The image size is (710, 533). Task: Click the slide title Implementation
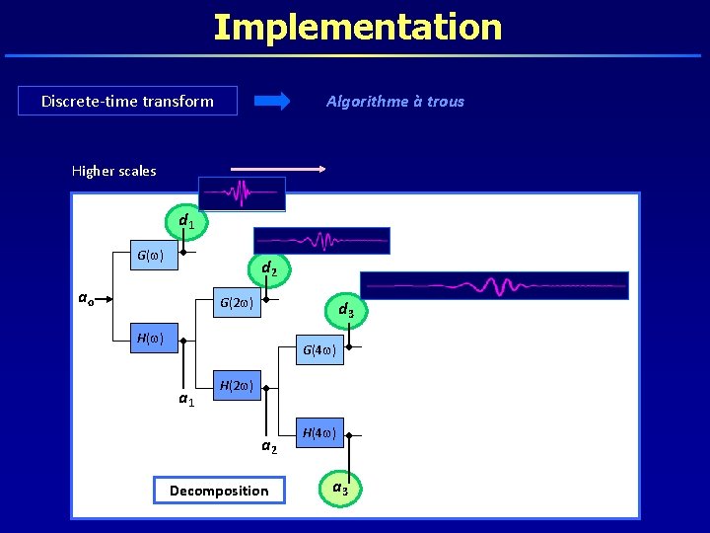point(357,27)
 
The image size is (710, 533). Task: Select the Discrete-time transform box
point(127,101)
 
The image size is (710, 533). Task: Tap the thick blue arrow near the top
point(272,101)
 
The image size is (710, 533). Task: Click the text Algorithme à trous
point(394,101)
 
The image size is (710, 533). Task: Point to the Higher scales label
point(113,171)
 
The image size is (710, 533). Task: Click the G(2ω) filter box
point(239,301)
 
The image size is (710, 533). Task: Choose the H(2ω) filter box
point(239,385)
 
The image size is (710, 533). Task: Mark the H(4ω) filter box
point(321,432)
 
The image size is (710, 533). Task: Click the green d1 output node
point(185,221)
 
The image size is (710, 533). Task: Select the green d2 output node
point(268,267)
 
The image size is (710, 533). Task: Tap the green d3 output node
point(346,311)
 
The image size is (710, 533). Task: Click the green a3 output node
point(339,489)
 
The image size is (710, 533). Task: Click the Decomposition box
point(219,491)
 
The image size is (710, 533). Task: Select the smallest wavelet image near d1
point(242,193)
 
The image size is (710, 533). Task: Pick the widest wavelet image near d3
point(493,285)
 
